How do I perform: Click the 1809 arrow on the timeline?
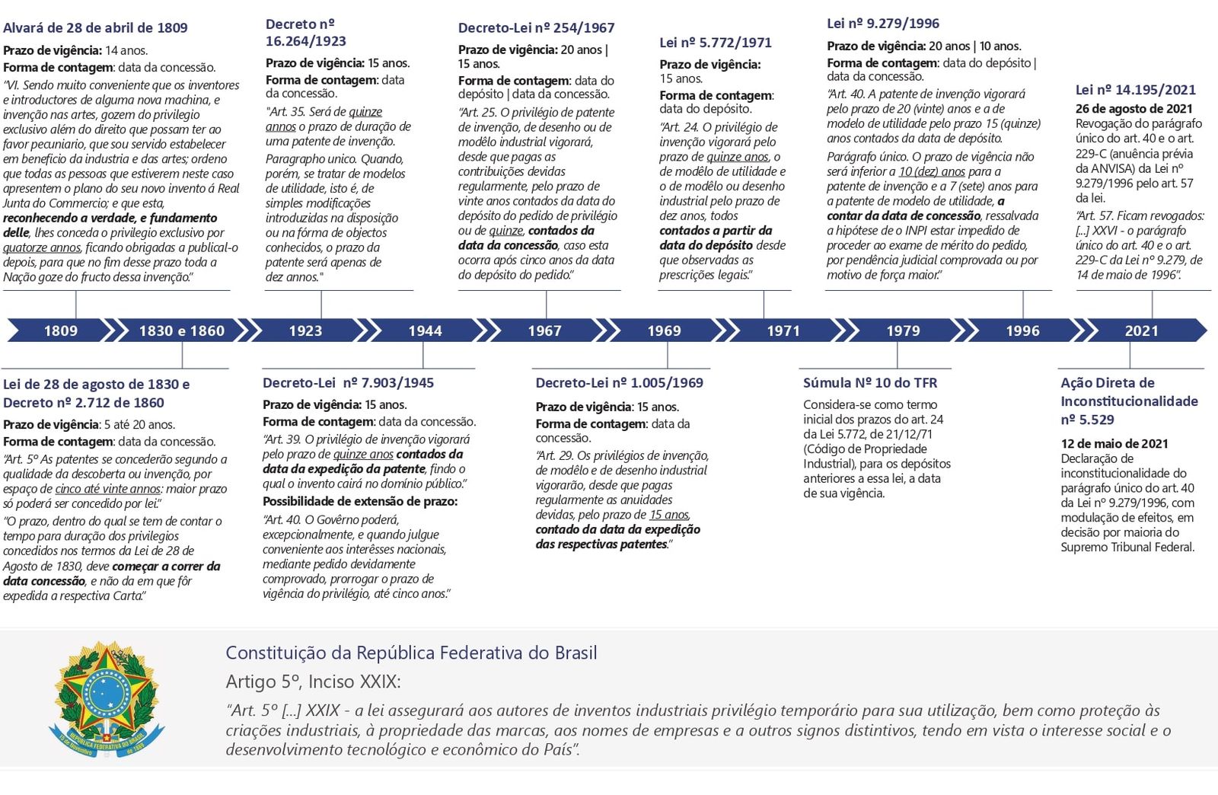[x=60, y=330]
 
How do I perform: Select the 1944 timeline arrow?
[x=425, y=330]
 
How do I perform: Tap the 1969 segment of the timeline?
[x=664, y=330]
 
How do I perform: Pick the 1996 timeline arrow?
[x=1022, y=330]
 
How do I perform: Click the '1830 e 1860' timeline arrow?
[x=181, y=330]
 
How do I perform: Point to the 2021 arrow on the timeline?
[x=1141, y=330]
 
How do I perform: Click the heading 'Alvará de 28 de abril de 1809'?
[x=95, y=28]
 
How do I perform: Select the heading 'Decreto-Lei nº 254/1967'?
[x=536, y=28]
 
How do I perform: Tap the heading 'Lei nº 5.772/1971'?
[x=716, y=43]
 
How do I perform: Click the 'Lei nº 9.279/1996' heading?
[x=883, y=24]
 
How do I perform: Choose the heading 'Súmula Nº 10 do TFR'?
[x=870, y=383]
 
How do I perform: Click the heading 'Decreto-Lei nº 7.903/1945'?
[x=348, y=383]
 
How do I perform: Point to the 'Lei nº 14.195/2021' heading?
[x=1135, y=90]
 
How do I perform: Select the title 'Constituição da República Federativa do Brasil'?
[x=411, y=653]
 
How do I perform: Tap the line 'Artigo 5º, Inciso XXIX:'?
[x=313, y=682]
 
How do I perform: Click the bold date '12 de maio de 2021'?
[x=1114, y=444]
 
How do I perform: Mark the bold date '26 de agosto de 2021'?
[x=1134, y=109]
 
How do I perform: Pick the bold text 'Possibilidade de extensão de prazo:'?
[x=360, y=502]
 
